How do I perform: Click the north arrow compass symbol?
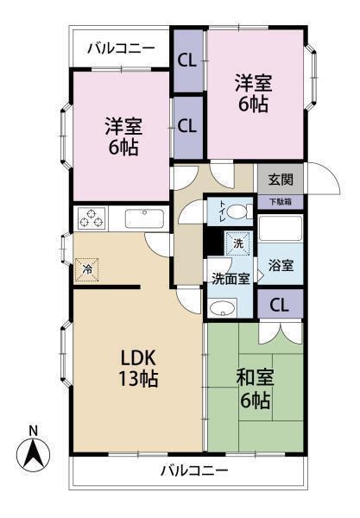[33, 454]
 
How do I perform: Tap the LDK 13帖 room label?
[138, 368]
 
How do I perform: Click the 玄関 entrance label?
[280, 180]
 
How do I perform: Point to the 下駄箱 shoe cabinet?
[281, 202]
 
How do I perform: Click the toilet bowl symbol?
[237, 212]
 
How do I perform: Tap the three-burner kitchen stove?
[92, 218]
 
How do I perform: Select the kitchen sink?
[144, 218]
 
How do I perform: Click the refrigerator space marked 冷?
[87, 269]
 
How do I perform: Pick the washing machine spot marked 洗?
[238, 243]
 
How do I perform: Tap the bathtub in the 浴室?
[281, 228]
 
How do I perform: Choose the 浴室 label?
[281, 265]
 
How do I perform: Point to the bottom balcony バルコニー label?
[194, 471]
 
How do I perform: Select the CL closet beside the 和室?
[280, 305]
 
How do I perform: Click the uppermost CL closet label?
[187, 61]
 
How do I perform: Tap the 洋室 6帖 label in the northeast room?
[254, 93]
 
